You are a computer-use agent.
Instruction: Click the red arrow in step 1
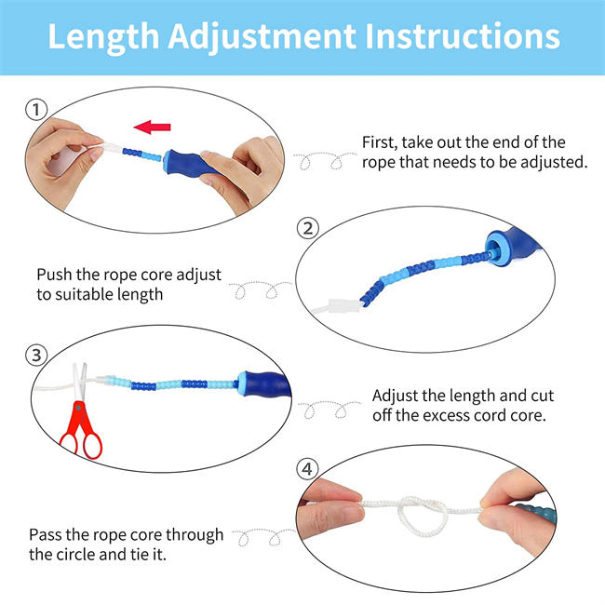tap(154, 126)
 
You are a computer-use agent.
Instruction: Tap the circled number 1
tap(35, 110)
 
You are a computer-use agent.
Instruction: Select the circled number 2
tap(308, 228)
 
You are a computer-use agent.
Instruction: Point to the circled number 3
tap(35, 355)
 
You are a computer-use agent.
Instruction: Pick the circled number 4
tap(308, 468)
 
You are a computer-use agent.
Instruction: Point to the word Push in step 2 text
tap(54, 276)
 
